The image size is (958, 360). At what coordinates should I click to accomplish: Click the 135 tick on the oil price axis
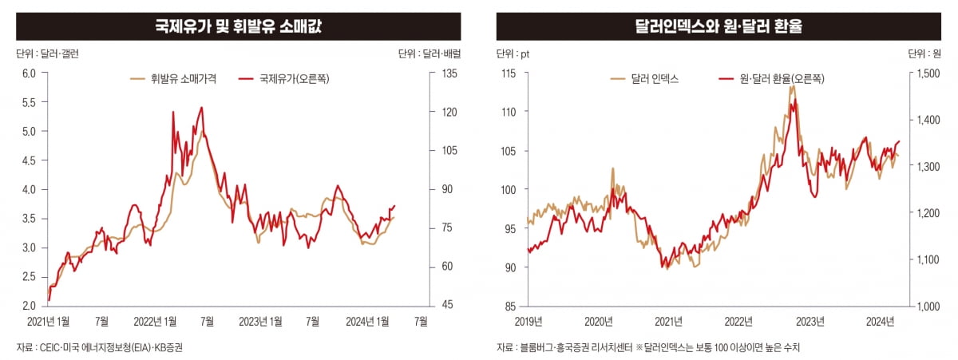449,73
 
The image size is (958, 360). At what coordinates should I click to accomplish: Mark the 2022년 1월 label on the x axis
156,321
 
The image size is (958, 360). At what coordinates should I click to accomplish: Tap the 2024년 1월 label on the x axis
368,321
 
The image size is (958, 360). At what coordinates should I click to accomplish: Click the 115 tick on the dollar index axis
507,73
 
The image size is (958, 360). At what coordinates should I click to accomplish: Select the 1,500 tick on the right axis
929,73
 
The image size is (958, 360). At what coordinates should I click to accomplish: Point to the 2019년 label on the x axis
528,321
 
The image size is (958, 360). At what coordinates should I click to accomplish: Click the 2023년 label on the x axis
810,321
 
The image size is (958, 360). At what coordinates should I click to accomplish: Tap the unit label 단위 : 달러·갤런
47,54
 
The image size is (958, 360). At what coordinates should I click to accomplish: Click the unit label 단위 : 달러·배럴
430,54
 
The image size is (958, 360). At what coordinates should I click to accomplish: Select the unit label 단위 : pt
513,54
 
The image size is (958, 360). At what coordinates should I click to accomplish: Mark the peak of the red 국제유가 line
201,107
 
